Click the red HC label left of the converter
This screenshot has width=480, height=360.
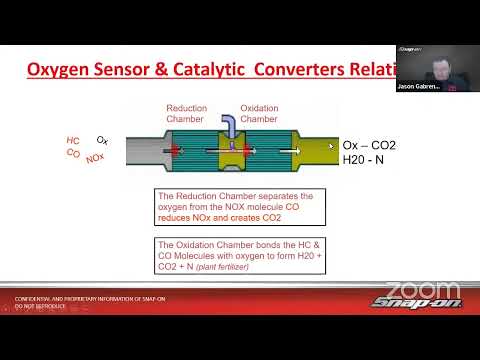73,141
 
